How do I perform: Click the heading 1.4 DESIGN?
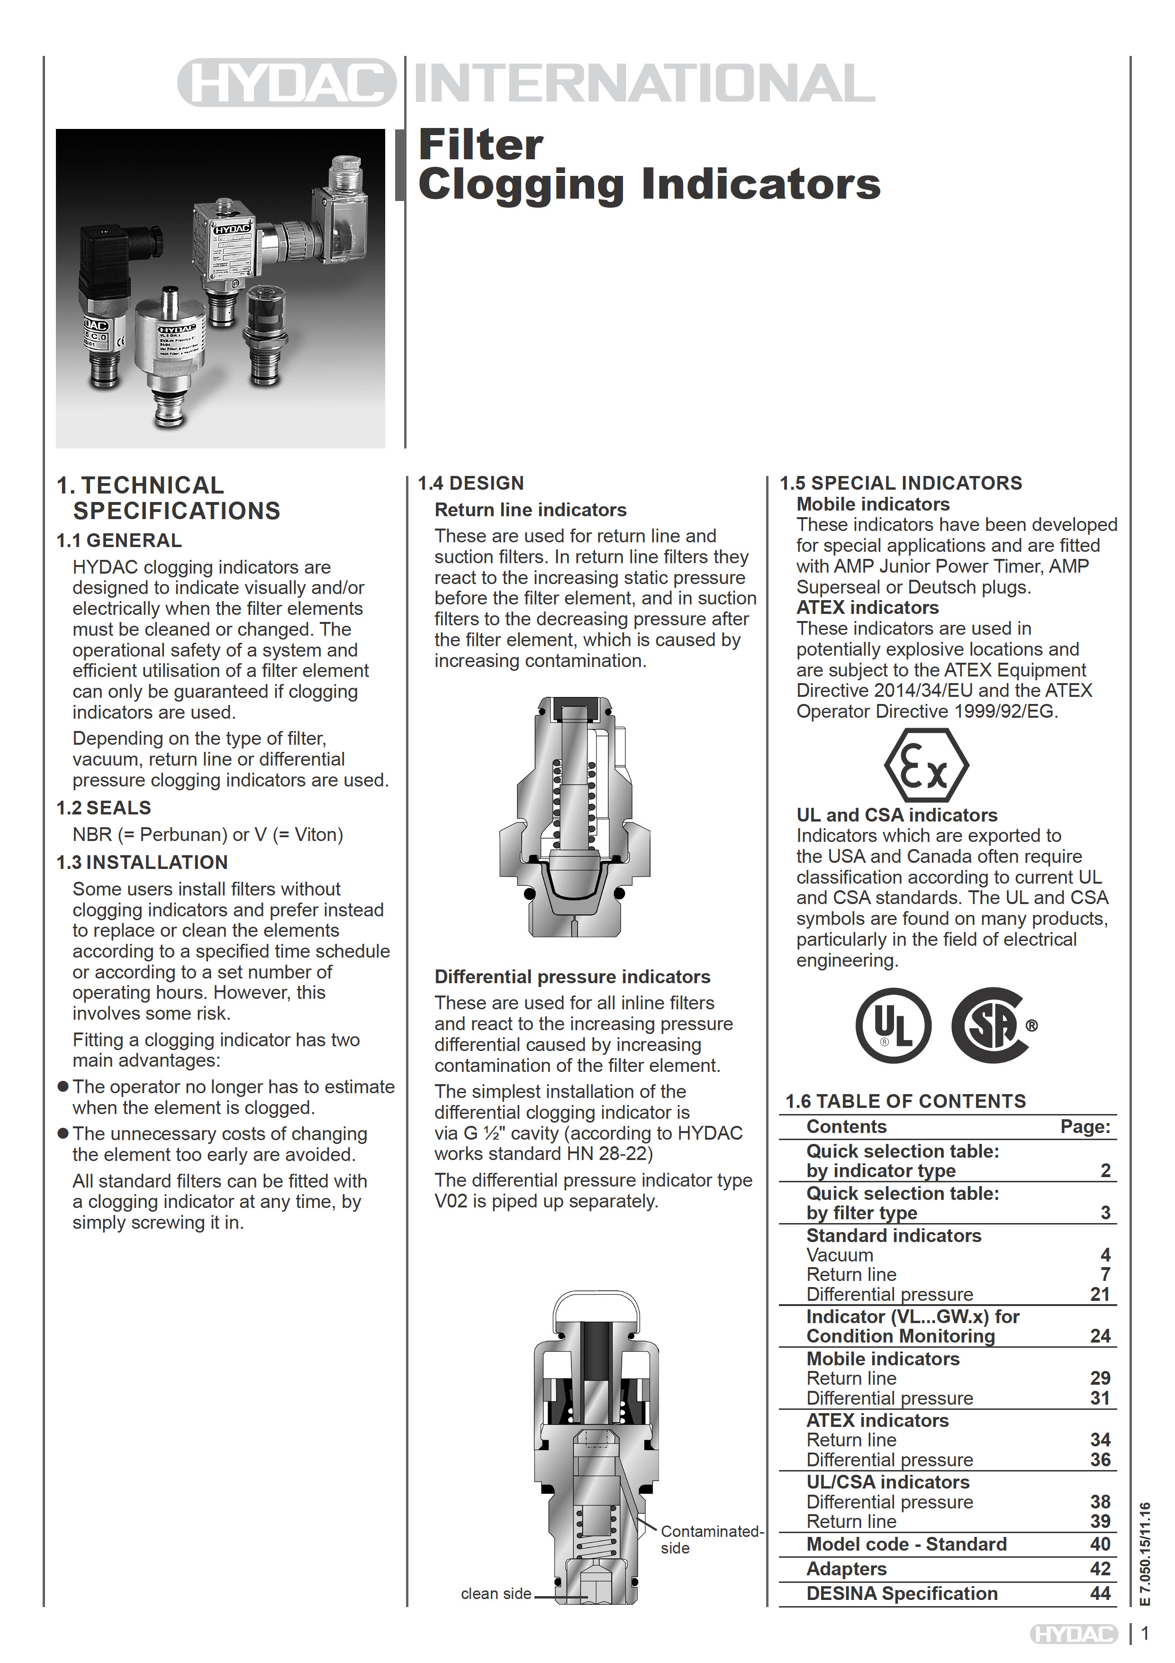point(470,483)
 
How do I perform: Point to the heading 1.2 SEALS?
point(104,808)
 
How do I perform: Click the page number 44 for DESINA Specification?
point(1100,1593)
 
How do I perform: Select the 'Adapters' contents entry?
point(846,1569)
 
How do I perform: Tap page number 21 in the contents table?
point(1100,1294)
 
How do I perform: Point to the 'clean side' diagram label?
point(496,1593)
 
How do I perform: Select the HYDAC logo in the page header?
point(287,82)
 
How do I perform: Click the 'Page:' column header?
point(1085,1126)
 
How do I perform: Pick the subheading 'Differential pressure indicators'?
point(572,977)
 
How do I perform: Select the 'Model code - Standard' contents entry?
point(906,1544)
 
